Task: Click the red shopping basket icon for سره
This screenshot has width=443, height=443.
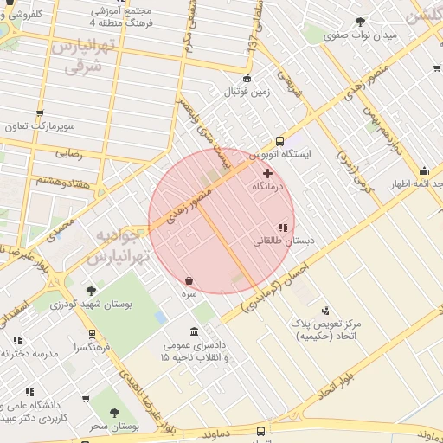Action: click(x=189, y=281)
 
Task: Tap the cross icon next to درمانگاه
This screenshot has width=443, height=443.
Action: click(x=267, y=173)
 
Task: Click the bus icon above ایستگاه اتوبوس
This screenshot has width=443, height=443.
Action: click(x=279, y=141)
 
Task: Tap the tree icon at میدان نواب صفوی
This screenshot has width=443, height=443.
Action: click(x=360, y=22)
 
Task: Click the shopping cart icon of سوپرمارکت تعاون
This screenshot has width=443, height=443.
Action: click(x=41, y=113)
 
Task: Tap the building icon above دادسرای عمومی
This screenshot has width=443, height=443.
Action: click(x=194, y=333)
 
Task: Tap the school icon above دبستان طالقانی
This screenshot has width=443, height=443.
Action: click(x=283, y=228)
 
